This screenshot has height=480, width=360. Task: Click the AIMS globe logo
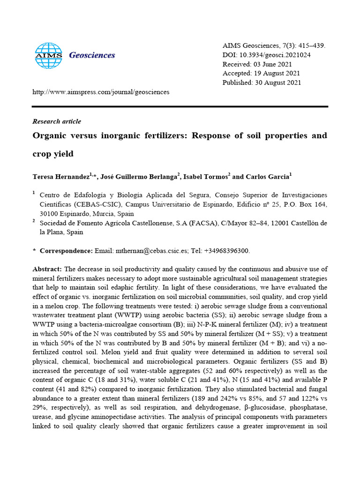[x=49, y=55]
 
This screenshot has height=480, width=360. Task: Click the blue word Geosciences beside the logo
[x=92, y=55]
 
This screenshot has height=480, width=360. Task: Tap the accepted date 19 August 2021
[x=276, y=74]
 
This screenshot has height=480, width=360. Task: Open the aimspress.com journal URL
[x=101, y=92]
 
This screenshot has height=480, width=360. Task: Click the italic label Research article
[x=57, y=121]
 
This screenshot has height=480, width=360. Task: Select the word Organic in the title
[x=50, y=136]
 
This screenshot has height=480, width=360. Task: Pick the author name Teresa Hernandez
[x=60, y=177]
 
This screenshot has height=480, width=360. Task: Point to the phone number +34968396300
[x=227, y=251]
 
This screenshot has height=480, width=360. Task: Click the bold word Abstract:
[x=47, y=269]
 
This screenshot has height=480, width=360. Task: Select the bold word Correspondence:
[x=66, y=251]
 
